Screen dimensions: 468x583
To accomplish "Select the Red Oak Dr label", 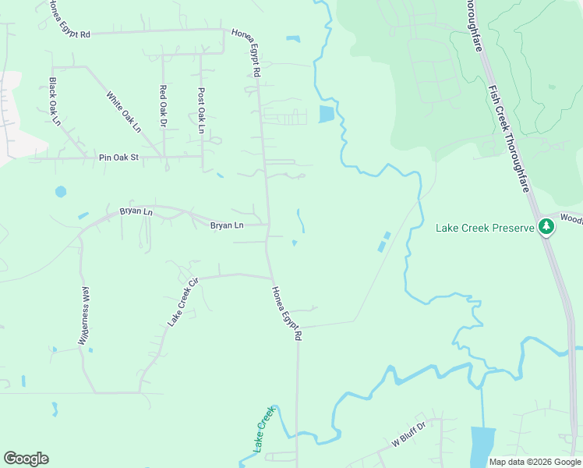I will coord(164,105).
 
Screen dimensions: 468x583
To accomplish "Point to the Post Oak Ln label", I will coord(201,110).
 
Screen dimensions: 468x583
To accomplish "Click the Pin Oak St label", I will coord(118,158).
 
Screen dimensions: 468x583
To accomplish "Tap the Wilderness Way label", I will coord(85,315).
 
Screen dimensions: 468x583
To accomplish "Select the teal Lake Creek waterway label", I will coord(264,430).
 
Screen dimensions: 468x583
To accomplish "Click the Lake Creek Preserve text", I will coord(484,228).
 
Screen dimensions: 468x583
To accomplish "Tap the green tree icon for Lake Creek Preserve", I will coord(547,227).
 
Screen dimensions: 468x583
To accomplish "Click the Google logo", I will coord(26,459).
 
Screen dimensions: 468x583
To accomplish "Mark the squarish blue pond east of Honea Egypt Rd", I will coord(326,115).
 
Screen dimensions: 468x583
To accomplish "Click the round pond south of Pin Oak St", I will coord(61,191).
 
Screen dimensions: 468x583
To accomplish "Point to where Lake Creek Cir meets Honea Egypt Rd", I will coord(271,277).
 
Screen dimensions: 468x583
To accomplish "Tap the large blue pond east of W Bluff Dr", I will coord(483,446).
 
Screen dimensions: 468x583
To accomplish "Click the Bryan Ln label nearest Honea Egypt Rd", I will coord(227,225).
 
